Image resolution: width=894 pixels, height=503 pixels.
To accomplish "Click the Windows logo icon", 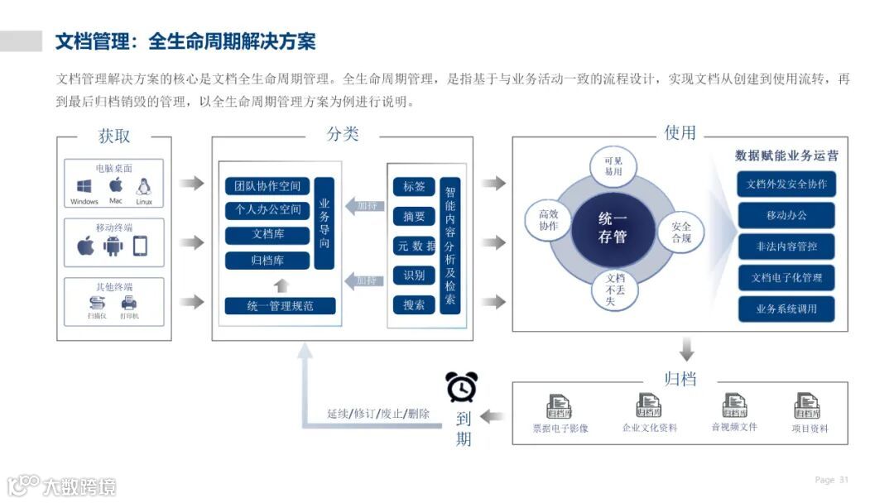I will [84, 186].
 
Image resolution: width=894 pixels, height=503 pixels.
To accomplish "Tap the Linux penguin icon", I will [143, 186].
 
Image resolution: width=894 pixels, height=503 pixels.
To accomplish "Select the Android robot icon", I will [113, 246].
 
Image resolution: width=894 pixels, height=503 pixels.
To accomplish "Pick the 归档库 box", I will [267, 261].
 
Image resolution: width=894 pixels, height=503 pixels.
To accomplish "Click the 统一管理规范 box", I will [281, 305].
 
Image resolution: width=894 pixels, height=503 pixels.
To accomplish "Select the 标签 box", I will [414, 186].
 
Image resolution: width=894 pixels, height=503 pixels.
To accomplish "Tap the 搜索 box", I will [414, 304].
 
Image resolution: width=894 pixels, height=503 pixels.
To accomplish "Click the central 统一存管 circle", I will [613, 228].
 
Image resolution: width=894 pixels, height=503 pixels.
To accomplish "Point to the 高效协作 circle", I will [549, 219].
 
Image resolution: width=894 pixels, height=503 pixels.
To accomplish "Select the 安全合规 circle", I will [680, 232].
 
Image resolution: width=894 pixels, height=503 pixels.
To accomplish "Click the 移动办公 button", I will [786, 215].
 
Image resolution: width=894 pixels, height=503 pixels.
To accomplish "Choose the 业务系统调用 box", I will [786, 309].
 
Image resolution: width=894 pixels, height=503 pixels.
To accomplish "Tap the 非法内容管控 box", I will [786, 247].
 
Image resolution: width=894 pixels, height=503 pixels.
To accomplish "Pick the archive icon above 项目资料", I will [807, 405].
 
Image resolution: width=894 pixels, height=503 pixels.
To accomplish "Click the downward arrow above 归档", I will [686, 349].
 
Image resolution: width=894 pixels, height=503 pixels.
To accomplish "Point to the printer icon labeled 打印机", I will [128, 303].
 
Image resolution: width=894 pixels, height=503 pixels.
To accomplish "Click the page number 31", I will [844, 480].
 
